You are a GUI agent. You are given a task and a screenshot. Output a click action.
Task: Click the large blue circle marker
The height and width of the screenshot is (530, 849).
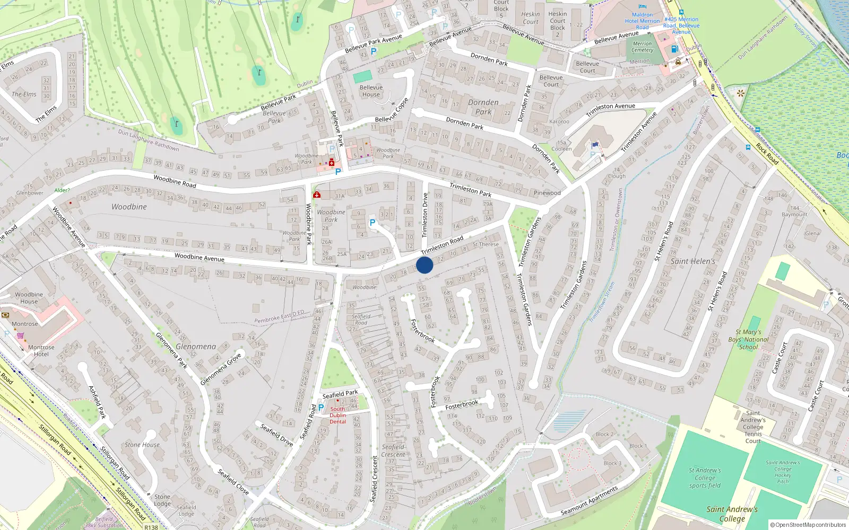pos(424,265)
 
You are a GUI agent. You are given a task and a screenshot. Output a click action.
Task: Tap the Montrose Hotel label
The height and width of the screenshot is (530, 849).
pos(41,351)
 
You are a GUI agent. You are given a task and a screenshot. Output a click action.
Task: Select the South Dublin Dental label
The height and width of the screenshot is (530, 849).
pos(337,415)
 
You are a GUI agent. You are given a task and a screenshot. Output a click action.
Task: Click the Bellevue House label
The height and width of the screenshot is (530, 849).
pos(371,91)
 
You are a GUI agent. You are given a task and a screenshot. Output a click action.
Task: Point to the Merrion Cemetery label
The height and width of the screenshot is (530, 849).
pos(642,47)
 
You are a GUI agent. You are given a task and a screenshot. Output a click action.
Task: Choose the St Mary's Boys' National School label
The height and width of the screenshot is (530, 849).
pos(748,340)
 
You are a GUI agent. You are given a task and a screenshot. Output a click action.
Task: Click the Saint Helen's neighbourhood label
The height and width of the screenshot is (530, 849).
pos(692,261)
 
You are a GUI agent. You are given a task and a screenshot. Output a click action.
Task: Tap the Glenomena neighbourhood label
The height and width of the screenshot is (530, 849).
pos(196,347)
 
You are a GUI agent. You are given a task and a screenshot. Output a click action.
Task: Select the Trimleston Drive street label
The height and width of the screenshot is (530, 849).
pos(425,215)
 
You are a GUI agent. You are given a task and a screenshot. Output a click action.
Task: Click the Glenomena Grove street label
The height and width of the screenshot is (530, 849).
pos(221,369)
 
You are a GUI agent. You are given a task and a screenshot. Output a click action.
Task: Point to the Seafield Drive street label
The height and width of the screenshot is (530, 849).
pos(276,434)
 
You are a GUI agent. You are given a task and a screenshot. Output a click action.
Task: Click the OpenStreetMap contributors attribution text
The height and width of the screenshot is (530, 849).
pos(808,525)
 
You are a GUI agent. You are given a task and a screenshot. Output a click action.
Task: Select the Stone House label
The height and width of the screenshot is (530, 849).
pos(142,445)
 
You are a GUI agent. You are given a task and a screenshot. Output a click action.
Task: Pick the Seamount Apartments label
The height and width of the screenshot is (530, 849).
pos(590,501)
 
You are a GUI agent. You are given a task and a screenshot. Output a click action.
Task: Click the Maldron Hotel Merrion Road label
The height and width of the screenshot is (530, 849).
pos(642,21)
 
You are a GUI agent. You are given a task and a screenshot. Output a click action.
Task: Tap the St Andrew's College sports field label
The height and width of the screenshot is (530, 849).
pos(705,478)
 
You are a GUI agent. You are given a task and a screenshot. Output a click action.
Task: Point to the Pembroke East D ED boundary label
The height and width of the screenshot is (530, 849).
pos(279,316)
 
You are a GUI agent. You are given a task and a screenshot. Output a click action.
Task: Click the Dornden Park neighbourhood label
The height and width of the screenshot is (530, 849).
pos(483,107)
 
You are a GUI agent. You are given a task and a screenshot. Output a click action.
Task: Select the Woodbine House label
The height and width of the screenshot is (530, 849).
pos(29,298)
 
